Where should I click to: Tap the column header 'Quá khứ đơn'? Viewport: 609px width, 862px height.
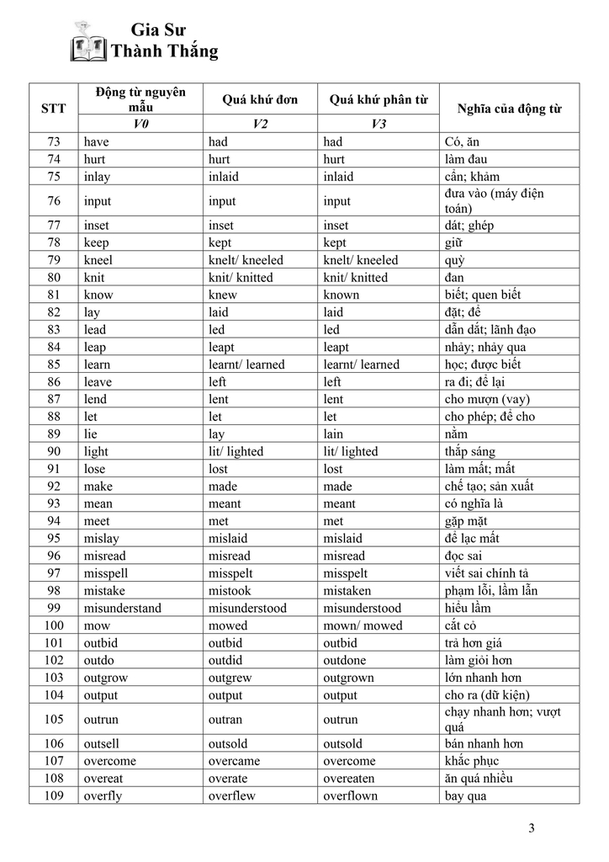[x=260, y=99]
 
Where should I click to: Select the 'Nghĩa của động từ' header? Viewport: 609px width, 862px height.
[x=509, y=109]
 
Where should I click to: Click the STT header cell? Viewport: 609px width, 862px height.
[x=54, y=109]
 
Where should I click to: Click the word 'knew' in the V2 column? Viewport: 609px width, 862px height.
[x=223, y=295]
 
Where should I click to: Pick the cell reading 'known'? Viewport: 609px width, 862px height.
[x=342, y=295]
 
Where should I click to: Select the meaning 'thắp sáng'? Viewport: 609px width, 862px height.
[x=470, y=451]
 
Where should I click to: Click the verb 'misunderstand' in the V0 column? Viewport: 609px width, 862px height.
[x=123, y=608]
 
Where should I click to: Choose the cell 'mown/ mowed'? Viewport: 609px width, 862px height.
[x=363, y=625]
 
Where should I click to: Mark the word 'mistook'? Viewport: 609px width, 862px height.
[x=230, y=590]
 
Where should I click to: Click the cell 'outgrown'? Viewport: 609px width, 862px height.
[x=349, y=678]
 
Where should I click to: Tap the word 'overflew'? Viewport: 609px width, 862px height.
[x=232, y=795]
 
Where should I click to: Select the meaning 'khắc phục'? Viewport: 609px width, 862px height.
[x=472, y=761]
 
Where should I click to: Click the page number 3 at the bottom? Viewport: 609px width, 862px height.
[x=531, y=827]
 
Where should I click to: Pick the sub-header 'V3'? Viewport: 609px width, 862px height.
[x=379, y=124]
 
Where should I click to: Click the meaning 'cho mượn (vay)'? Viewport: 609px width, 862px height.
[x=487, y=399]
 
